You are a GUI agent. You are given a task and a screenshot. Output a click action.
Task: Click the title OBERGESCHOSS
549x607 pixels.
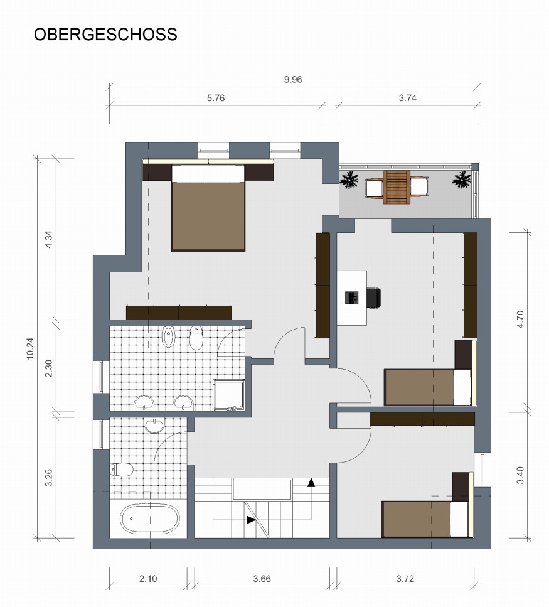click(x=105, y=35)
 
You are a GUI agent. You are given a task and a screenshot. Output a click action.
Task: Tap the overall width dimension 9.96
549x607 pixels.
click(x=294, y=79)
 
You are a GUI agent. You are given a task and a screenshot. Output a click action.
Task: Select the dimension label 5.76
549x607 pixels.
click(x=215, y=98)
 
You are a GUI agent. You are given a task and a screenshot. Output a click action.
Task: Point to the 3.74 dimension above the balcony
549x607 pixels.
click(x=408, y=98)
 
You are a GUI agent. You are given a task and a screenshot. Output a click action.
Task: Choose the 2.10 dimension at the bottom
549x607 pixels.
click(x=148, y=579)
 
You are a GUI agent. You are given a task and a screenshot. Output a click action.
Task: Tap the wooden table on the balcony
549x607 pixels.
click(x=397, y=186)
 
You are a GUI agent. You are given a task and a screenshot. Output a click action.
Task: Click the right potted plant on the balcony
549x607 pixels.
click(x=462, y=181)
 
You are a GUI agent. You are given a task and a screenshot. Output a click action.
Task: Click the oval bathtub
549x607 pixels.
click(x=150, y=518)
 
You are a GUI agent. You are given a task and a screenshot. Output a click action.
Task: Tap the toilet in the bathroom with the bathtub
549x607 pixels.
click(x=122, y=469)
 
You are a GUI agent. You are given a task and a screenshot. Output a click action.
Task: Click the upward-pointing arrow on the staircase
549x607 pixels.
click(x=311, y=482)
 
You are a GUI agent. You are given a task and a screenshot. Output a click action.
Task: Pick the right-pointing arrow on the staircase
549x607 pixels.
click(x=251, y=519)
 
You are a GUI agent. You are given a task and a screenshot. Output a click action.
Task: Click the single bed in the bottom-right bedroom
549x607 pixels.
click(x=425, y=518)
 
